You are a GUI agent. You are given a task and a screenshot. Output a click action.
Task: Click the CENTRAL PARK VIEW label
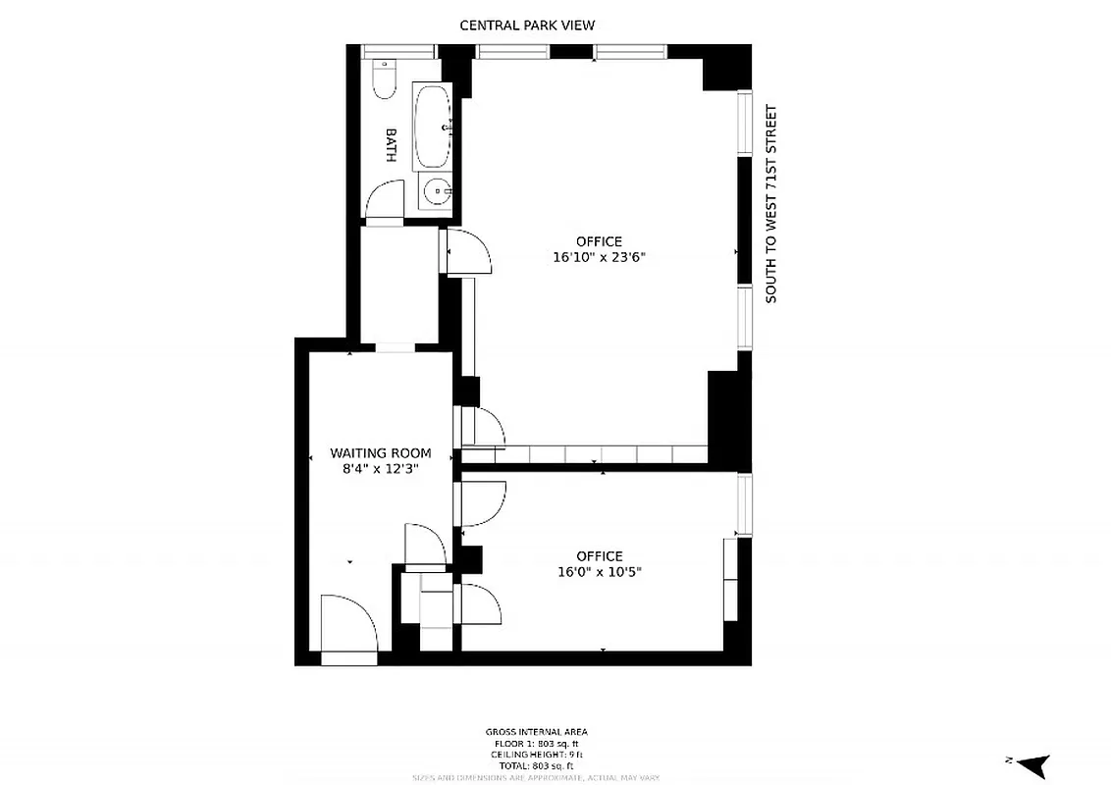point(527,26)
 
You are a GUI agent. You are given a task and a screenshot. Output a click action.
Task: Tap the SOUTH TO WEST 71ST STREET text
point(771,204)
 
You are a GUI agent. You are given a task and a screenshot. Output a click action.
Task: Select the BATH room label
point(391,145)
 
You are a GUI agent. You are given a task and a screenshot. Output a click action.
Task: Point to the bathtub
point(433,127)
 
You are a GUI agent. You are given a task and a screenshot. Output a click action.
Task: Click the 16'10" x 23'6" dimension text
point(599,258)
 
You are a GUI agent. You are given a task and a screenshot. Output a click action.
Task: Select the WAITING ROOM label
point(381,453)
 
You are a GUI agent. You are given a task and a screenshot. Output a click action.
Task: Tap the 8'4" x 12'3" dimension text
point(381,469)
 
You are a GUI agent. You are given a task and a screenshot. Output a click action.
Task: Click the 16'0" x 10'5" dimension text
point(599,572)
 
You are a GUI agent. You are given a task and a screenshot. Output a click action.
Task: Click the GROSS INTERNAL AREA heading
point(537,732)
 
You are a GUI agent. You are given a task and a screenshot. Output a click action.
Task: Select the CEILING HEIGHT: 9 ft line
point(537,754)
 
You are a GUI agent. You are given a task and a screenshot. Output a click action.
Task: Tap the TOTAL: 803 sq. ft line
point(537,765)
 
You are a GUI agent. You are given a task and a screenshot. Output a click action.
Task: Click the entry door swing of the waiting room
point(348,625)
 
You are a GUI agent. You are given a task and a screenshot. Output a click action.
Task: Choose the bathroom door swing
point(384,201)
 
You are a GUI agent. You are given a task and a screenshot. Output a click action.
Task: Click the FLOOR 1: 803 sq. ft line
point(537,743)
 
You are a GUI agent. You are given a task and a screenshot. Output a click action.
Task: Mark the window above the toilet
point(397,51)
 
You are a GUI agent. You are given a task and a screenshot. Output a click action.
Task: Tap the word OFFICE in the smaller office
point(599,556)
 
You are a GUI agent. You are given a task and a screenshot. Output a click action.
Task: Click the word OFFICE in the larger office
point(599,242)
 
